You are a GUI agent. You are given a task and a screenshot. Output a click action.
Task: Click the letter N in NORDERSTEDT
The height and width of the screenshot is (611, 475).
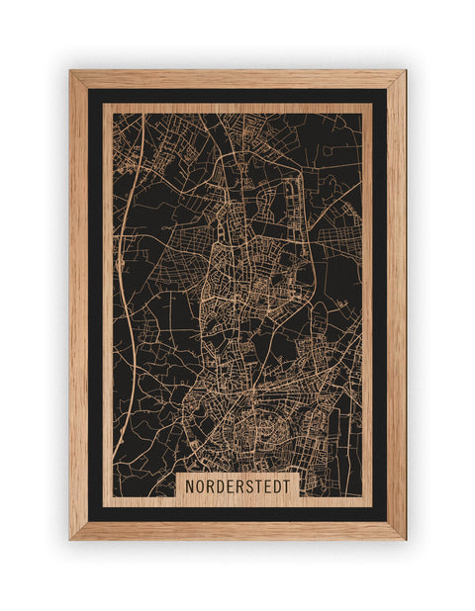(x=190, y=487)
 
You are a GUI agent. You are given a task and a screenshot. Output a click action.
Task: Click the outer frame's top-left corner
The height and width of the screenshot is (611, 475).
(x=70, y=71)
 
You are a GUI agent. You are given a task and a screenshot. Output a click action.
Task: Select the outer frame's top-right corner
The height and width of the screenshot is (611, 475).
(x=405, y=71)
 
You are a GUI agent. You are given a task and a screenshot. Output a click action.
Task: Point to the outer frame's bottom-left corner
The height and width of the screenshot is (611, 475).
(x=70, y=539)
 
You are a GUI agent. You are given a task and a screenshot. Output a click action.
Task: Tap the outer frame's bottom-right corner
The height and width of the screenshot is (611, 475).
(x=405, y=539)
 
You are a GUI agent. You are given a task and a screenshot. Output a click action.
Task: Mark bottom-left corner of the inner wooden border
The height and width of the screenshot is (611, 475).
(x=104, y=505)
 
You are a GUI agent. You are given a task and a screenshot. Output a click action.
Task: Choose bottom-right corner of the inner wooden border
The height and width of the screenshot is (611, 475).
(x=371, y=505)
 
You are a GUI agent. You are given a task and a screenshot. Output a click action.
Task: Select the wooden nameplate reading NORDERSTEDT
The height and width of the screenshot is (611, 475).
(x=237, y=487)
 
